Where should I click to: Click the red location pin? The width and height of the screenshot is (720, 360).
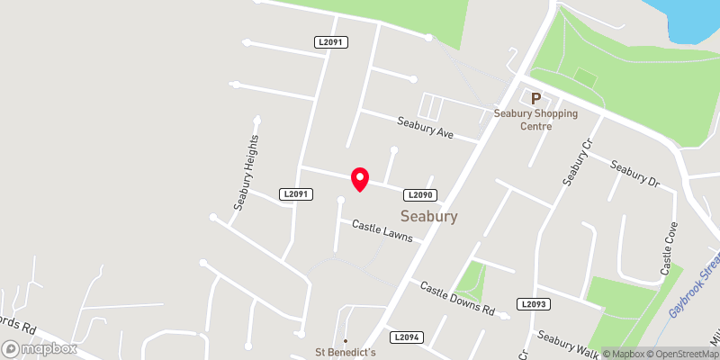click(x=359, y=179)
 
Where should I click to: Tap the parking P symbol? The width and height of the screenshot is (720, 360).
click(x=536, y=99)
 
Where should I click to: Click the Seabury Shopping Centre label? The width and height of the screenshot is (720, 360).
click(x=535, y=120)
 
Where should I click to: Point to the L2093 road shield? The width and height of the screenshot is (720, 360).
click(x=533, y=305)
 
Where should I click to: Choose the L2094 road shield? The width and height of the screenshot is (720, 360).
click(x=407, y=337)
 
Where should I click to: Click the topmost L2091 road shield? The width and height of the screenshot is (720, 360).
click(x=331, y=41)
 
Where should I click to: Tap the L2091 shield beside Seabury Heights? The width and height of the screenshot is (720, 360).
click(x=295, y=193)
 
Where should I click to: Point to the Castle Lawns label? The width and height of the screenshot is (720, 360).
click(x=382, y=231)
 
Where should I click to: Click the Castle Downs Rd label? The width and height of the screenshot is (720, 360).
click(x=458, y=298)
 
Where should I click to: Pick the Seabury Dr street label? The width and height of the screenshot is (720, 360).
click(x=634, y=173)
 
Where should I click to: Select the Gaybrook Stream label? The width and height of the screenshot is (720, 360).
click(x=697, y=283)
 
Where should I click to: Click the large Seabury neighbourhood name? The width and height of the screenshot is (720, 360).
click(x=429, y=217)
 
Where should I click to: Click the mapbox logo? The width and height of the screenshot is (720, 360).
click(x=37, y=347)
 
